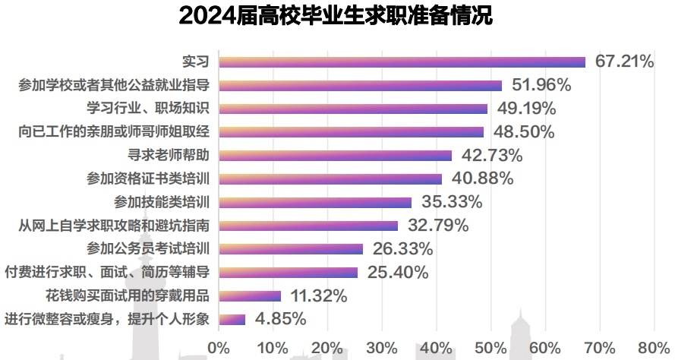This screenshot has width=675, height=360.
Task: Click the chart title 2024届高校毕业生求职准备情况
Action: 336,15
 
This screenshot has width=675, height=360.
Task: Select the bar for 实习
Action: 402,62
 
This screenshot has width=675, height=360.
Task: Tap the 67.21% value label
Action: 624,62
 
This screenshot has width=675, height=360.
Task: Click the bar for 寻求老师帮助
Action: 335,155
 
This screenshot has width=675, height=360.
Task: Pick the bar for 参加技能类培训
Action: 315,202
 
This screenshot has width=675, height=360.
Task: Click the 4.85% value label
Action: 280,319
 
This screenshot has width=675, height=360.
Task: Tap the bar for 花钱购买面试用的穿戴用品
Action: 250,295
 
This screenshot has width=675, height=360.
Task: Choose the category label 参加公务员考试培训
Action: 147,248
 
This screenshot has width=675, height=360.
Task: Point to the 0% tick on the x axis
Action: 219,348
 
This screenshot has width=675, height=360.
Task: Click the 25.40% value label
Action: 397,272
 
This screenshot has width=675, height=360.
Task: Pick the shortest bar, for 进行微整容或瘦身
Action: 232,319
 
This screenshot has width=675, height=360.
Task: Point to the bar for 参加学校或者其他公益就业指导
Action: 360,85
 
